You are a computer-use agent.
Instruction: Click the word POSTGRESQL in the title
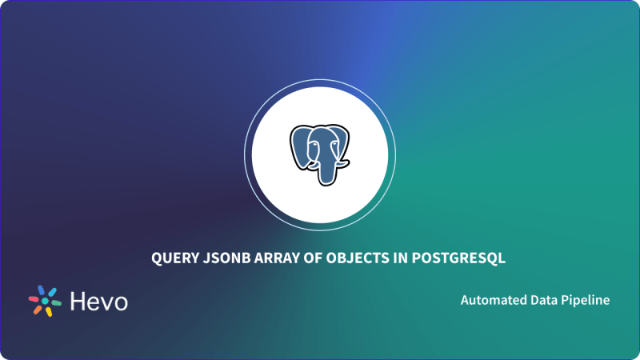447,258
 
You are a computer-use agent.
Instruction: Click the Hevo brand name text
99,301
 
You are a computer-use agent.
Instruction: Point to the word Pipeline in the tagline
585,301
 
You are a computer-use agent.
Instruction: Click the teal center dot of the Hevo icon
46,301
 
